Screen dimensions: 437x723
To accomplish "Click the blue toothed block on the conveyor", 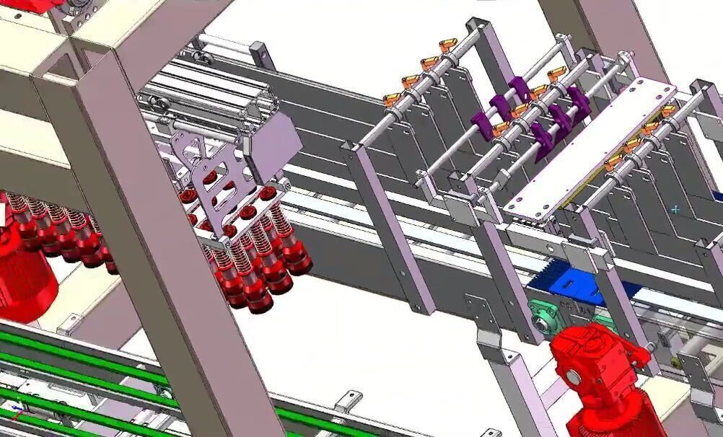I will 575,286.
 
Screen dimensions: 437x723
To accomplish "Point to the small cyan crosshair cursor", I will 675,210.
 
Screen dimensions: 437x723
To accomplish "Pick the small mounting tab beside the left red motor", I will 70,322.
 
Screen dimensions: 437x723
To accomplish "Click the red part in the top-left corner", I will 29,6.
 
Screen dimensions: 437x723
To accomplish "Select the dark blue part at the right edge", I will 718,195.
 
